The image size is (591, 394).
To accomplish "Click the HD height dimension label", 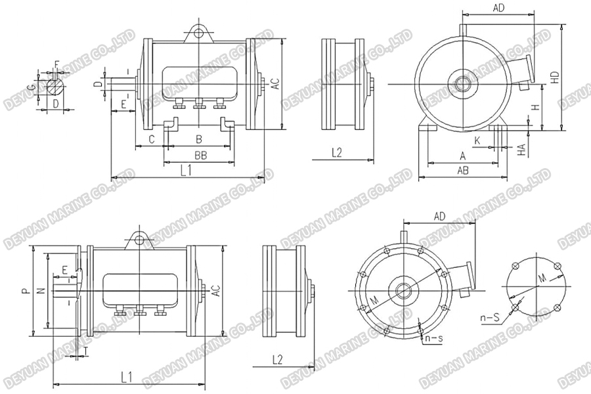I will pyautogui.click(x=555, y=77).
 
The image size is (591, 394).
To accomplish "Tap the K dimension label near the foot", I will pyautogui.click(x=477, y=140).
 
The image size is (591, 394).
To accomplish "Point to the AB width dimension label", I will pyautogui.click(x=462, y=169).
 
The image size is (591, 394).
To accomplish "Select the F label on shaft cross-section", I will pyautogui.click(x=56, y=64).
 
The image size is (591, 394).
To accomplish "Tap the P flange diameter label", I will pyautogui.click(x=24, y=290).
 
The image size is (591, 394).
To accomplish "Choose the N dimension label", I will pyautogui.click(x=41, y=290).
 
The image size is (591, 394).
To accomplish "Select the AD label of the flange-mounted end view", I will pyautogui.click(x=440, y=215).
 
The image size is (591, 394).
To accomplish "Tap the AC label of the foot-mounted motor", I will pyautogui.click(x=276, y=83).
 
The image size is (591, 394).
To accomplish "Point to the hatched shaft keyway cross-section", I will pyautogui.click(x=56, y=86).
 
